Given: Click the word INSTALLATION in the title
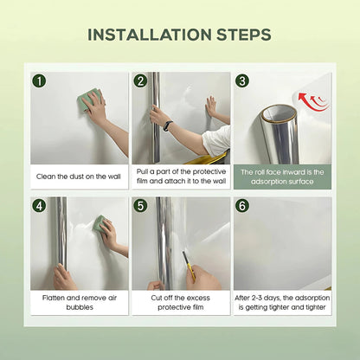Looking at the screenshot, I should (x=152, y=35).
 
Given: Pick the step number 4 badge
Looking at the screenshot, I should (x=39, y=206).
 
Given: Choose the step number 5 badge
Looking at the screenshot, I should (x=140, y=206).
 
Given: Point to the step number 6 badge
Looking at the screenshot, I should (x=241, y=206).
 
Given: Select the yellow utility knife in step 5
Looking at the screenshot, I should (x=190, y=275).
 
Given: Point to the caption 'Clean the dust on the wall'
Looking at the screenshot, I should (x=79, y=177).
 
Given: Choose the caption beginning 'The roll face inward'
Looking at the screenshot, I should (x=281, y=177).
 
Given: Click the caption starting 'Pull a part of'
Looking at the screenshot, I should (x=180, y=177).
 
